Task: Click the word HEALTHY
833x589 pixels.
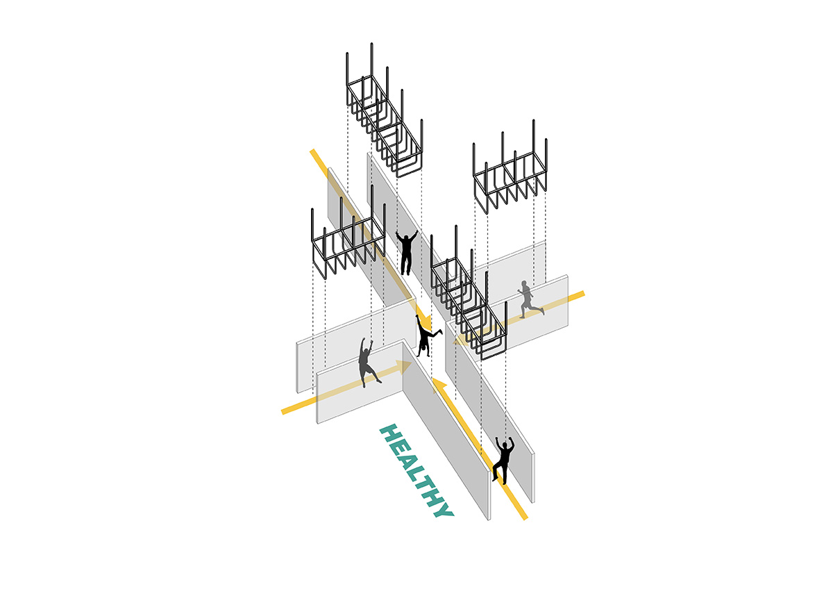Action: point(416,471)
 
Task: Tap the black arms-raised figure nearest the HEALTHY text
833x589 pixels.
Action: point(503,459)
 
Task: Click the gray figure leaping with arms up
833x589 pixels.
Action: point(366,362)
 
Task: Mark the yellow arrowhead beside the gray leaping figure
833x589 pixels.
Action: point(401,366)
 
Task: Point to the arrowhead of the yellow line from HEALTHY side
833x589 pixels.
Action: point(437,383)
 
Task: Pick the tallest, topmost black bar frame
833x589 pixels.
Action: point(385,111)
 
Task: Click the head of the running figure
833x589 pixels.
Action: point(525,284)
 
